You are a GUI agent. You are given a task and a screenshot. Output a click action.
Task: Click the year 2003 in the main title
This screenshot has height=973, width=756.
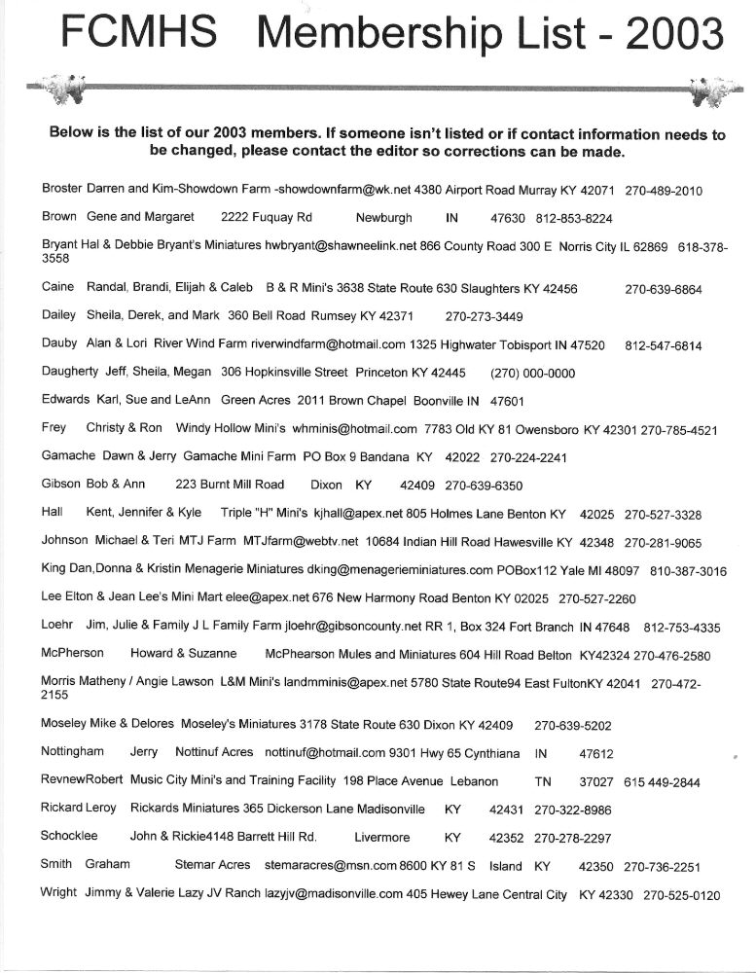click(675, 35)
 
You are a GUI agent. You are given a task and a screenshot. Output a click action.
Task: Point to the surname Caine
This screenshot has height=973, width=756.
click(58, 289)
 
